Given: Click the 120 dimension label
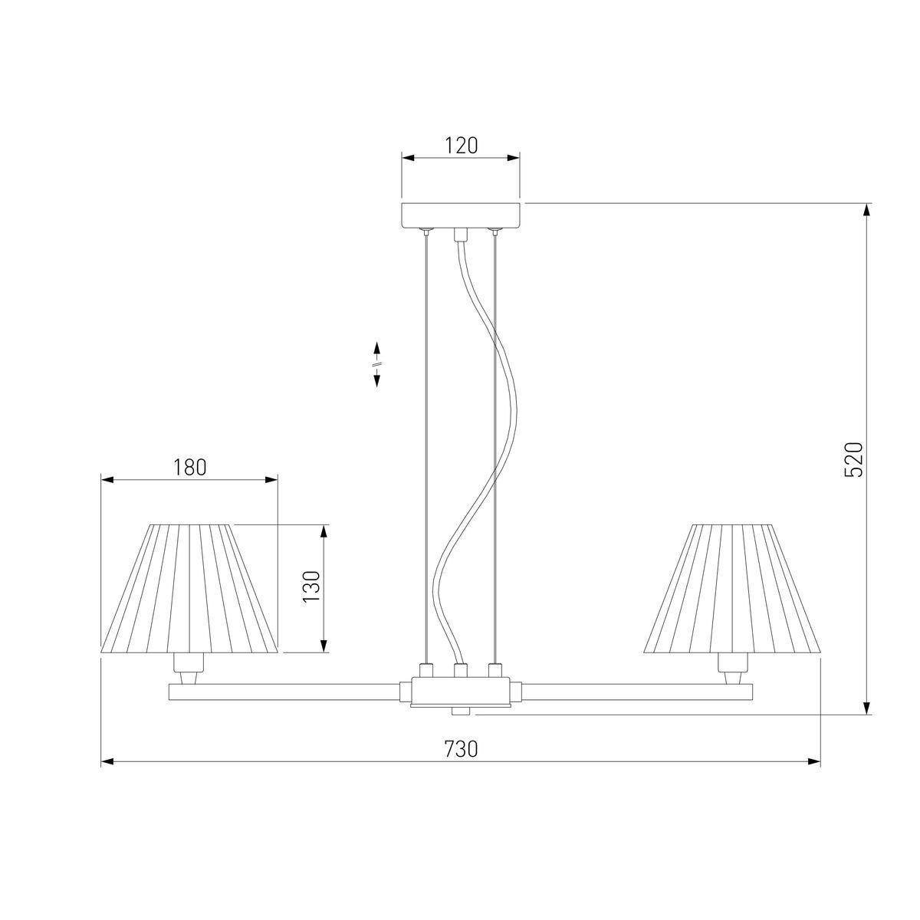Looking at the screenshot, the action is [x=461, y=145].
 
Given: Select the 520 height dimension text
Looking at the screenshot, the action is [x=853, y=459].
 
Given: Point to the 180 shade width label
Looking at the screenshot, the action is [x=189, y=467].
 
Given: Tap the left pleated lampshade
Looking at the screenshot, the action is [x=189, y=588].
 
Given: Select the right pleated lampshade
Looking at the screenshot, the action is [x=731, y=588].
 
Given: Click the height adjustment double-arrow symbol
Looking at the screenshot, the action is [x=376, y=364].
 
